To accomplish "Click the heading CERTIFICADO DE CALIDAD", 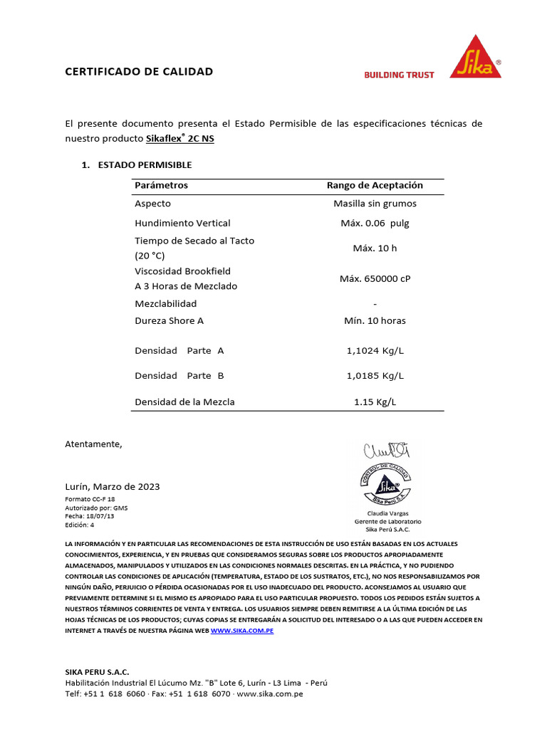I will point(139,72).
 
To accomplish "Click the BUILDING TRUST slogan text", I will point(399,75).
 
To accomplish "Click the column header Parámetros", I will point(161,185).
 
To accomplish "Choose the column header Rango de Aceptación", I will point(375,185).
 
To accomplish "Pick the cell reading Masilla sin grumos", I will point(375,204).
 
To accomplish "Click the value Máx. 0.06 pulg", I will point(375,223).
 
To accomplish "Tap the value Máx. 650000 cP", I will point(375,278).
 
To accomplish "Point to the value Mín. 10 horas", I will point(375,320).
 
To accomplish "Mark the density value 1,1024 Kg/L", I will point(375,350).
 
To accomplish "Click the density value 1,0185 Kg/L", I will point(375,375).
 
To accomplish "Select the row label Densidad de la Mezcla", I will point(184,402).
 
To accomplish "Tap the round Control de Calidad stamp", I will point(388,484).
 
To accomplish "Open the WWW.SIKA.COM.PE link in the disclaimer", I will point(242,631).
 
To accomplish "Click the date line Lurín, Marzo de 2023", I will point(113,486).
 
